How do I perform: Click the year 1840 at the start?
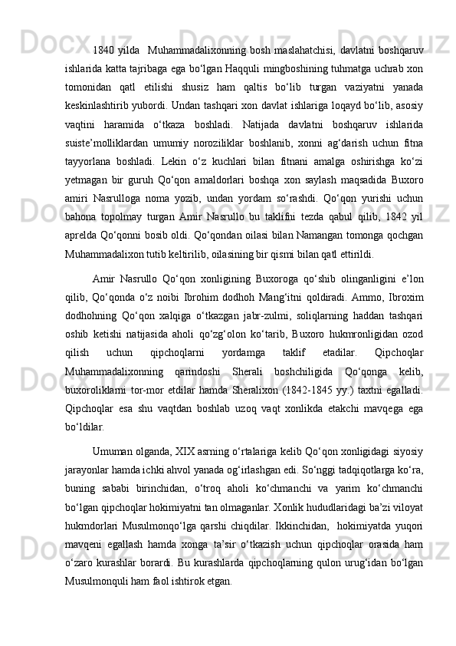coord(102,51)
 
